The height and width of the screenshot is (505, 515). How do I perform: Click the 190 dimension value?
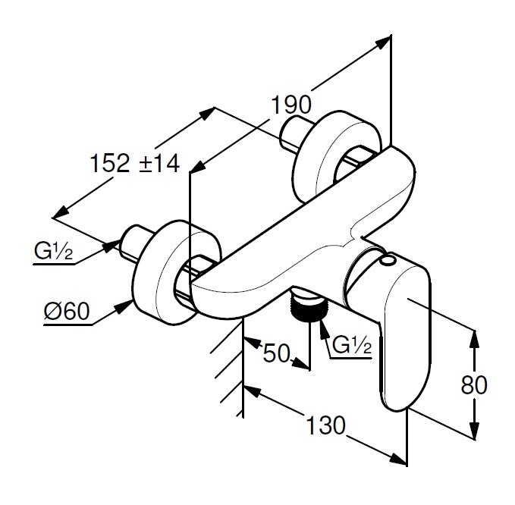[291, 105]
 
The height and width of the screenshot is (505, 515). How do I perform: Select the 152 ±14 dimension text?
[133, 162]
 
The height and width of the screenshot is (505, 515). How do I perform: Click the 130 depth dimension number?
[325, 425]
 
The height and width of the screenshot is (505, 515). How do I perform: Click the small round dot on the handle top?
[389, 262]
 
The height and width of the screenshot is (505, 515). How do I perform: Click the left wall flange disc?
[162, 269]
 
